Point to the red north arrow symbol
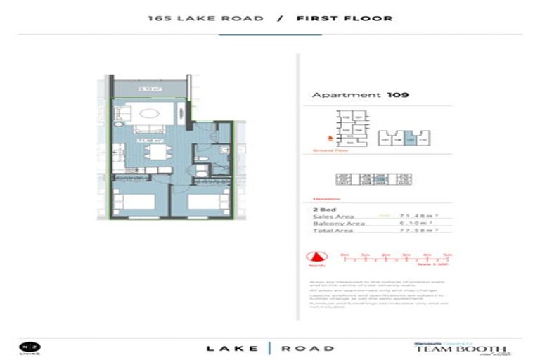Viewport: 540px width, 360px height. pyautogui.click(x=316, y=258)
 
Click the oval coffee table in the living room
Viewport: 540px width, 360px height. pyautogui.click(x=150, y=114)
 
